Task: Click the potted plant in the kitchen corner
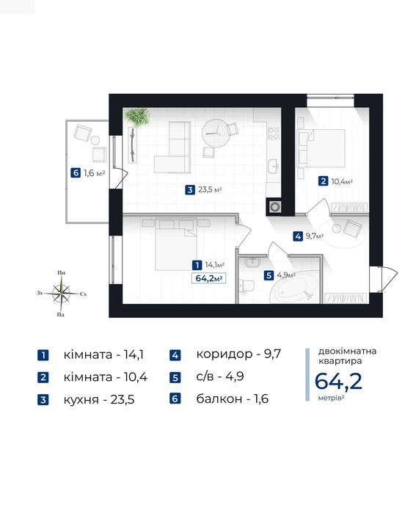click(138, 117)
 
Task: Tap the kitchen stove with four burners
click(274, 133)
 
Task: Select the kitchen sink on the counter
click(274, 166)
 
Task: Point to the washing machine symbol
click(274, 206)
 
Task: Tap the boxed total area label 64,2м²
click(209, 278)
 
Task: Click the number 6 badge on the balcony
click(76, 172)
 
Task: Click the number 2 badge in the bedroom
click(323, 181)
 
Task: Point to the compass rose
click(61, 293)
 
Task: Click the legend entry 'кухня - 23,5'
click(99, 399)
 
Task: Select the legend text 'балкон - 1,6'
click(232, 399)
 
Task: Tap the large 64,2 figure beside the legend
click(338, 381)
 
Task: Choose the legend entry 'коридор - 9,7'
click(238, 354)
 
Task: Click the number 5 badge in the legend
click(175, 377)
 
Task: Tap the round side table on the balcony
click(95, 140)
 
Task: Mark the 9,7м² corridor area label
click(315, 236)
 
